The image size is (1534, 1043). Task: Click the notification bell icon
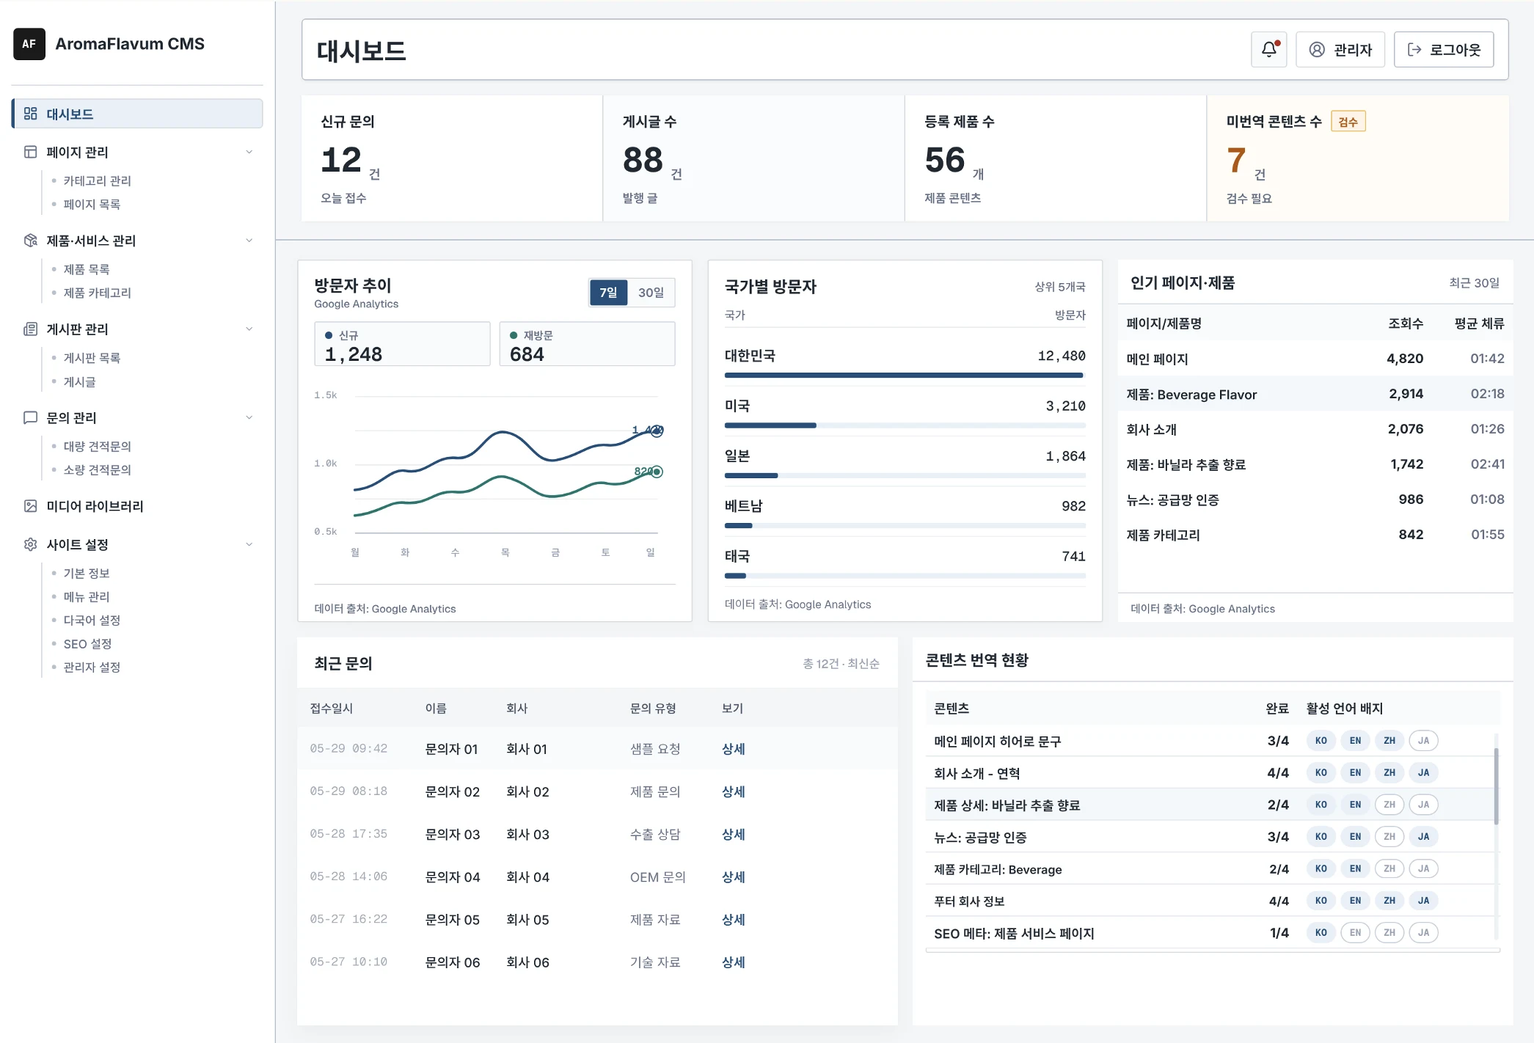point(1268,49)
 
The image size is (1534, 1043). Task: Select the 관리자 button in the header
point(1340,49)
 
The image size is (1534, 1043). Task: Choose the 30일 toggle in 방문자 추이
point(651,293)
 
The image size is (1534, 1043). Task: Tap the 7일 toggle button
point(608,293)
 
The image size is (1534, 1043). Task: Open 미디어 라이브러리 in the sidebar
point(95,506)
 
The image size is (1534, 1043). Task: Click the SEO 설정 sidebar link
point(87,644)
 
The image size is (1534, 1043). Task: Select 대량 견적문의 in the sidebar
point(97,447)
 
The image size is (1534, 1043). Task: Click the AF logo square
point(29,44)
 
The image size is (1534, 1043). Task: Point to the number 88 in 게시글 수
point(643,160)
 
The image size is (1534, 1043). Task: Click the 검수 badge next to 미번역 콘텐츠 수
point(1348,122)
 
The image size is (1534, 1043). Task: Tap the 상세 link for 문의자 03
point(733,834)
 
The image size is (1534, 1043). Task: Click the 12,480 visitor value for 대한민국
point(1062,356)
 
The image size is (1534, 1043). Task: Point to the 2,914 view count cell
point(1406,394)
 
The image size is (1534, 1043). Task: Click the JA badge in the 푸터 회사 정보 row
point(1423,901)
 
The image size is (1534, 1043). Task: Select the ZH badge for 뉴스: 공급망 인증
point(1389,837)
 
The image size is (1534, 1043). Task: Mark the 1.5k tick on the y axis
point(326,395)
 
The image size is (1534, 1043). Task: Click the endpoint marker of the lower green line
point(657,472)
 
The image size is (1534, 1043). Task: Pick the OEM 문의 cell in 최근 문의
point(657,877)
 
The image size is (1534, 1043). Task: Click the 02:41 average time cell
point(1487,464)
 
